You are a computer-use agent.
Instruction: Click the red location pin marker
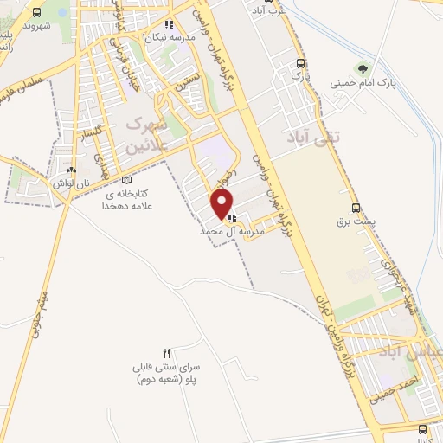(223, 204)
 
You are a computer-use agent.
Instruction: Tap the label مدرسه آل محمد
(229, 233)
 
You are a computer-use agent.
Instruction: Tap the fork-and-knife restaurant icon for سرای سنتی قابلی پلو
(166, 353)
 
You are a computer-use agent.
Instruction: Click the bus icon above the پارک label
(300, 63)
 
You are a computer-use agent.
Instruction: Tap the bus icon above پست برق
(356, 208)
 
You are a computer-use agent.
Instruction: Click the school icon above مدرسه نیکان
(169, 24)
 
